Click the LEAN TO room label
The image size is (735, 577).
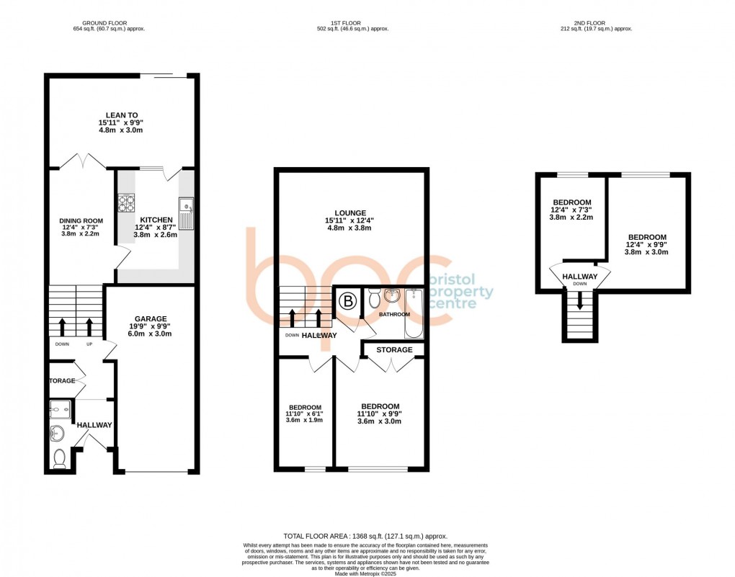(121, 114)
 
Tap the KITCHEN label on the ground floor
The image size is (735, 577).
(156, 219)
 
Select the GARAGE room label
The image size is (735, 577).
(151, 318)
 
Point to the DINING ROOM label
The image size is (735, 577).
(81, 221)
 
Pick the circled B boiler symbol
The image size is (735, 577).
(347, 302)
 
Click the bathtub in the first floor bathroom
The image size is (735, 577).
(414, 313)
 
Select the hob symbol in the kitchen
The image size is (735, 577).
(128, 203)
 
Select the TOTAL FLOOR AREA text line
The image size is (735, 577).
(365, 536)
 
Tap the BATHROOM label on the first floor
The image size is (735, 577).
(395, 315)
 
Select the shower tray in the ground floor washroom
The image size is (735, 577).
(61, 411)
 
